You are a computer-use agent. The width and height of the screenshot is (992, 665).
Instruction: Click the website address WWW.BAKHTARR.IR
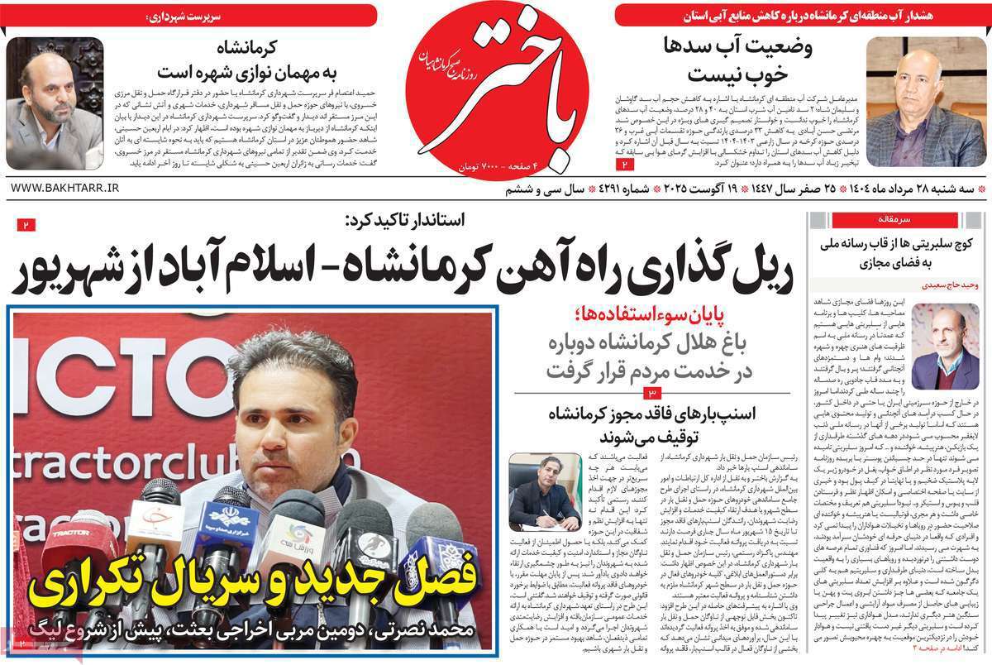click(65, 189)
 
